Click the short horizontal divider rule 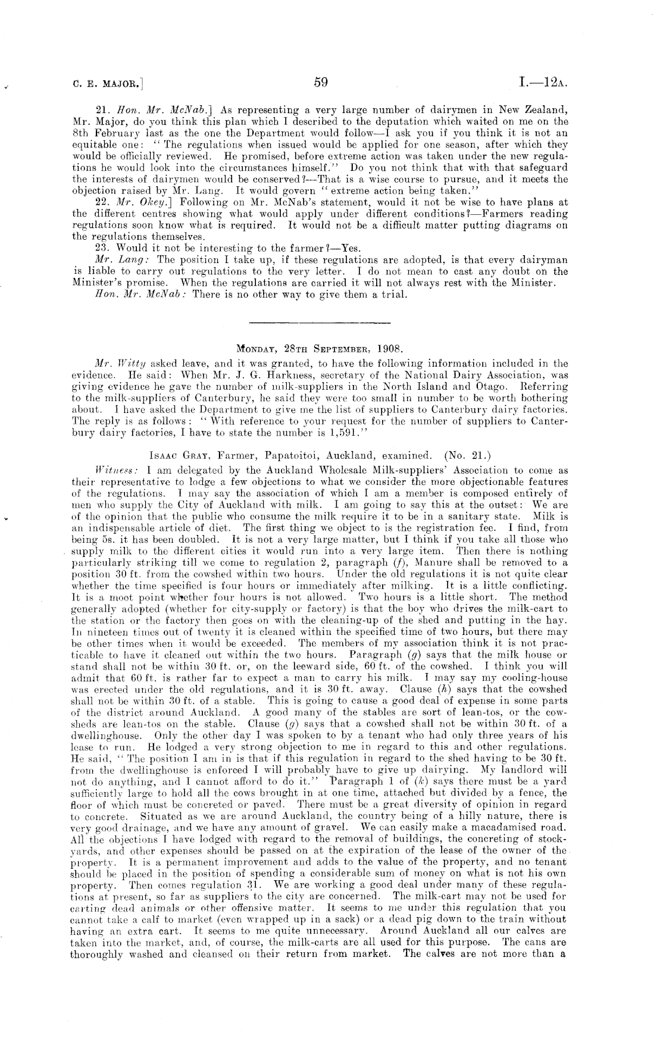[x=320, y=323]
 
